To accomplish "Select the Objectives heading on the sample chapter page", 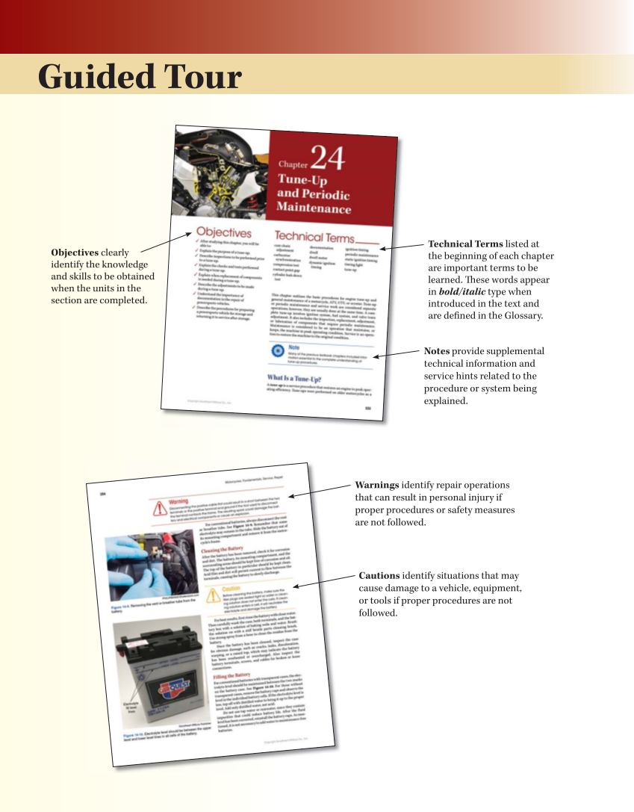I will point(223,233).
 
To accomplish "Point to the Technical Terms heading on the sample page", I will point(314,237).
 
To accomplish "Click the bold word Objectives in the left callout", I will point(75,252).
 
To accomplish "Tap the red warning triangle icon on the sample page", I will point(160,508).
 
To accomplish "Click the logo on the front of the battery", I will point(173,685).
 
